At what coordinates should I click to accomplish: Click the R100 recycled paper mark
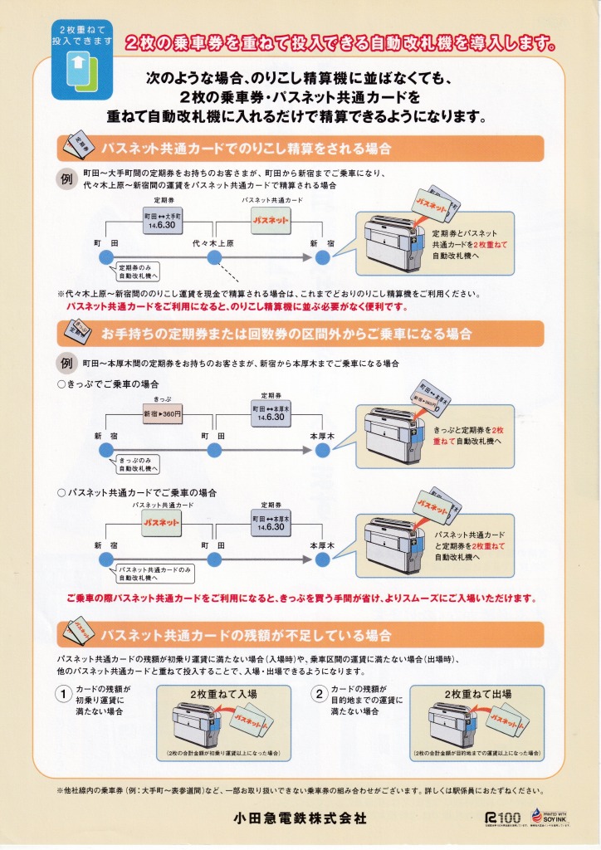tap(502, 818)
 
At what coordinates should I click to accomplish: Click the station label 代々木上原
tap(214, 242)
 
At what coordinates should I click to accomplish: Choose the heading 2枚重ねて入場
tap(223, 693)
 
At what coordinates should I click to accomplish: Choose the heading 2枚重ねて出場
tap(478, 693)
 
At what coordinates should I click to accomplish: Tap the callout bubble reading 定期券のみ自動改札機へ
tap(138, 271)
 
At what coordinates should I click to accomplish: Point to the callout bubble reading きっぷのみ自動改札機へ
tap(138, 462)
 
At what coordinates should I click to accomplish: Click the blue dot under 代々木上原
tap(214, 258)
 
